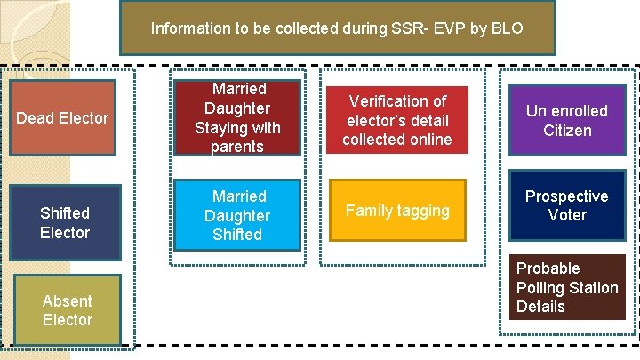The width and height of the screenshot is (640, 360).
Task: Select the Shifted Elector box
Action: [x=65, y=222]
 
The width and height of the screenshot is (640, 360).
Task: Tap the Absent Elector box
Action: [x=67, y=310]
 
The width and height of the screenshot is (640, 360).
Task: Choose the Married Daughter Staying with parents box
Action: [x=237, y=117]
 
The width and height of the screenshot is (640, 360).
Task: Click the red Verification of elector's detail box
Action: [x=397, y=120]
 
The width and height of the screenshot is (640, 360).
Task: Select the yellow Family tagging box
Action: [x=397, y=211]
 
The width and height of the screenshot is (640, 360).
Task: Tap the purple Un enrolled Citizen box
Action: [x=566, y=121]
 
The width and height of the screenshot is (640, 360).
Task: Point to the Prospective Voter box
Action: [x=566, y=205]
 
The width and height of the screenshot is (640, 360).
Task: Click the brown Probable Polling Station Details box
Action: [x=566, y=287]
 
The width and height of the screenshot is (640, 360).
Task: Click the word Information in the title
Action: [x=189, y=28]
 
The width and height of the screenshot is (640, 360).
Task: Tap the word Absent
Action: [x=67, y=300]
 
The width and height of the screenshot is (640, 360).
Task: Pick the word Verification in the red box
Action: [x=397, y=101]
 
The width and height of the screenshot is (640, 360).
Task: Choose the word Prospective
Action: [x=566, y=196]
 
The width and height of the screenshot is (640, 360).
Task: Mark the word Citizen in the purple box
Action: [x=567, y=131]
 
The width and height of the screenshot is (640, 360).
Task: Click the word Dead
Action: [x=35, y=117]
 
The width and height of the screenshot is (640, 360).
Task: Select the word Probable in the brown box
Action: [x=548, y=268]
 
